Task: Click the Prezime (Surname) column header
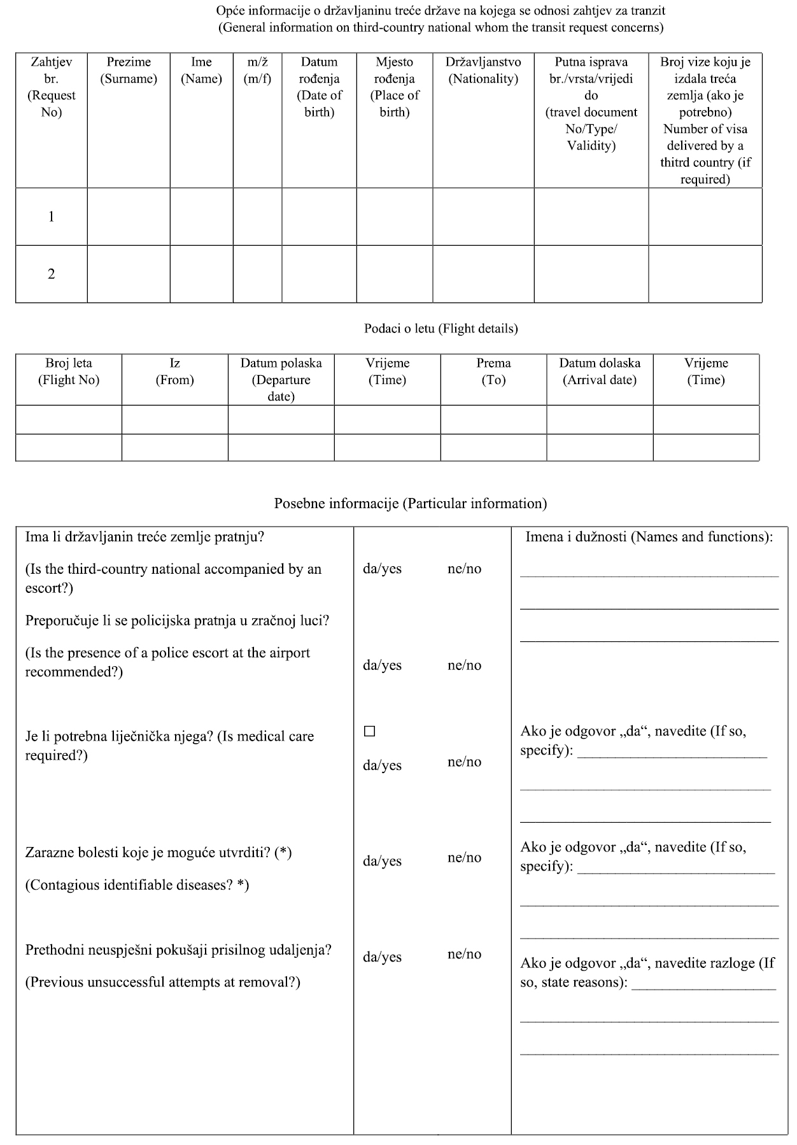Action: click(x=129, y=71)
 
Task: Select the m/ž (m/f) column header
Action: click(x=257, y=71)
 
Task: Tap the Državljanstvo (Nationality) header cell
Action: click(x=483, y=71)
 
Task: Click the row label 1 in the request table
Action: click(x=52, y=217)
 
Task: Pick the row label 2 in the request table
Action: click(x=52, y=274)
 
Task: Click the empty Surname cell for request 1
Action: click(x=129, y=217)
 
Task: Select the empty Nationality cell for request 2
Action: click(x=483, y=274)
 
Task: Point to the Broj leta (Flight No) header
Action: click(x=69, y=372)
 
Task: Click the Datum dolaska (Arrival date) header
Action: click(x=600, y=372)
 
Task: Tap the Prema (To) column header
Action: click(x=493, y=372)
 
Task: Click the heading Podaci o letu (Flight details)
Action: click(x=441, y=329)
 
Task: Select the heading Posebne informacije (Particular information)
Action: click(x=411, y=504)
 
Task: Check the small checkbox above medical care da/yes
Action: click(x=369, y=731)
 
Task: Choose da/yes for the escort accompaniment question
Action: click(x=382, y=569)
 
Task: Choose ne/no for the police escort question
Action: click(x=464, y=665)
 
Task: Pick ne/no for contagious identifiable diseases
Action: click(x=464, y=858)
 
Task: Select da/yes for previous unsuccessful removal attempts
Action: click(x=382, y=957)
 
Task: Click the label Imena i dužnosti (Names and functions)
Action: click(x=649, y=537)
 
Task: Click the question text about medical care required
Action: click(x=169, y=746)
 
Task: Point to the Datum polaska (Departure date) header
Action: click(x=281, y=380)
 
